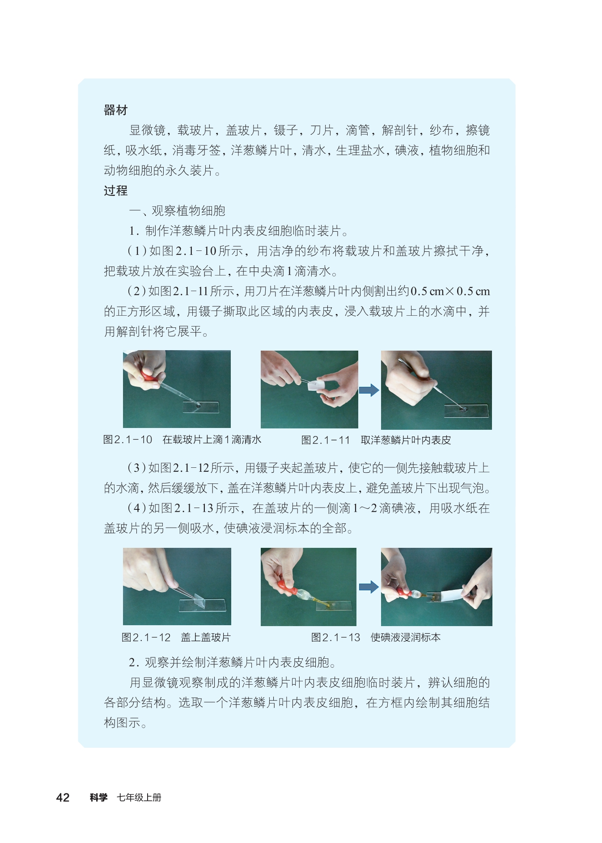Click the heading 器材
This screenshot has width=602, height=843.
pyautogui.click(x=115, y=110)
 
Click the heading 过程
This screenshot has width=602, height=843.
pyautogui.click(x=115, y=191)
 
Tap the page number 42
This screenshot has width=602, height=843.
pyautogui.click(x=63, y=797)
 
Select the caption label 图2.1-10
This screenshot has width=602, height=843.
pyautogui.click(x=127, y=440)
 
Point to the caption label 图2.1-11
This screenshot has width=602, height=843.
pyautogui.click(x=325, y=440)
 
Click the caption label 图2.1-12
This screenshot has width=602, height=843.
pyautogui.click(x=146, y=637)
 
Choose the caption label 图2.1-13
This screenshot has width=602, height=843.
pyautogui.click(x=335, y=637)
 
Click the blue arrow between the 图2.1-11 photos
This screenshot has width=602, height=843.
pyautogui.click(x=369, y=390)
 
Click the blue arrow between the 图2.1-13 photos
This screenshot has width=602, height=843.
pyautogui.click(x=369, y=587)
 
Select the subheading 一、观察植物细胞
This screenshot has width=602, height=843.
pyautogui.click(x=177, y=211)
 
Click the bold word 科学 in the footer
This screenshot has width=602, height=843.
pyautogui.click(x=98, y=797)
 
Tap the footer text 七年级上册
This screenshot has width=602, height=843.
pyautogui.click(x=139, y=797)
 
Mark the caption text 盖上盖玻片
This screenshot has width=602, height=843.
pyautogui.click(x=206, y=637)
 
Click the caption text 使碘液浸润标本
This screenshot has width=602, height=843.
pyautogui.click(x=406, y=637)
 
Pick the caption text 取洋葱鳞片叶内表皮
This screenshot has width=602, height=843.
pyautogui.click(x=406, y=440)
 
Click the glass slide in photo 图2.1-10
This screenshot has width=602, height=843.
pyautogui.click(x=201, y=407)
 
